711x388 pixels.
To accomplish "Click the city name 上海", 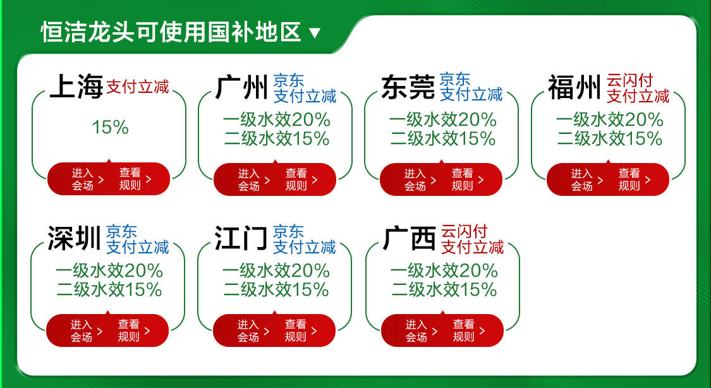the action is coord(76,87).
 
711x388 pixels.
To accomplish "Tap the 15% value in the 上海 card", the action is coord(110,128).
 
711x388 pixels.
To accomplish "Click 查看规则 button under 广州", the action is coord(301,179).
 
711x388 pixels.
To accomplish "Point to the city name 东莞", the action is coord(408,87).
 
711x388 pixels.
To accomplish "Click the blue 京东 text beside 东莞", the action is coord(455,80).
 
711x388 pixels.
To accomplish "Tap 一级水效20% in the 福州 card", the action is coord(609,119).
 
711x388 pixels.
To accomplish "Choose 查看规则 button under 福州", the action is coord(634,179).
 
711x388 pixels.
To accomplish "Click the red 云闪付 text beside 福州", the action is coord(629,80).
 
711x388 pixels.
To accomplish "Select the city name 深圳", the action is coord(75,239).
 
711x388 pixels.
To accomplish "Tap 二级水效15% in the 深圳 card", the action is coord(109,289).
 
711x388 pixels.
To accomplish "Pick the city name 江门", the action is coord(241,239).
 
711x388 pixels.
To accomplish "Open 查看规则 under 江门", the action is coord(300,330).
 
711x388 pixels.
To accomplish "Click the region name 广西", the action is coord(410,239).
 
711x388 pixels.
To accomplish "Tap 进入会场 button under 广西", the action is coord(422,330).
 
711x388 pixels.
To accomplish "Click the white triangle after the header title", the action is coord(315,33).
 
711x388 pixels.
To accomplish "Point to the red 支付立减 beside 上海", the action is coord(138,87).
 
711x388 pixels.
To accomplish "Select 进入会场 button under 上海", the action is coord(87,179).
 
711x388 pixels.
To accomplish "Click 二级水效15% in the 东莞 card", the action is coord(443,138).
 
